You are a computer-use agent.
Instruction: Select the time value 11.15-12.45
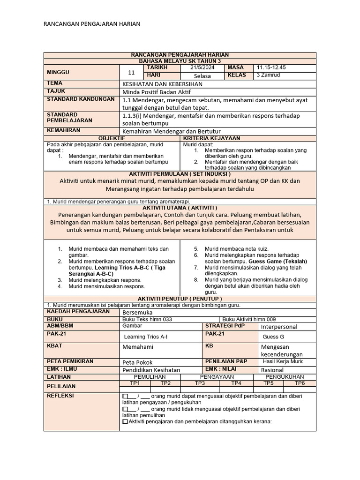point(271,67)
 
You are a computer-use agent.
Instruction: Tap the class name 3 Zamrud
point(268,75)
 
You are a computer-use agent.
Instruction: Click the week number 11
point(131,72)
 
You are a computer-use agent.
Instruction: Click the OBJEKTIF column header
point(111,138)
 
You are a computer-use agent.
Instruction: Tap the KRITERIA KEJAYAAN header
point(211,138)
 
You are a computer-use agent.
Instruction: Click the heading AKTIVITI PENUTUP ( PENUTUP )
point(180,299)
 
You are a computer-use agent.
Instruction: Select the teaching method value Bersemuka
point(137,312)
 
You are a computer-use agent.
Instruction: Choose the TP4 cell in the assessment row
point(236,383)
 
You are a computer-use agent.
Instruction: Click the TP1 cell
point(135,383)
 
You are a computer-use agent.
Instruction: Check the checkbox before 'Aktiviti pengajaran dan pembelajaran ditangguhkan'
point(125,421)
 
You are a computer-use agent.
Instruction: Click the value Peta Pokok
point(138,362)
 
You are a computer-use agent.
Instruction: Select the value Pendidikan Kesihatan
point(151,370)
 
